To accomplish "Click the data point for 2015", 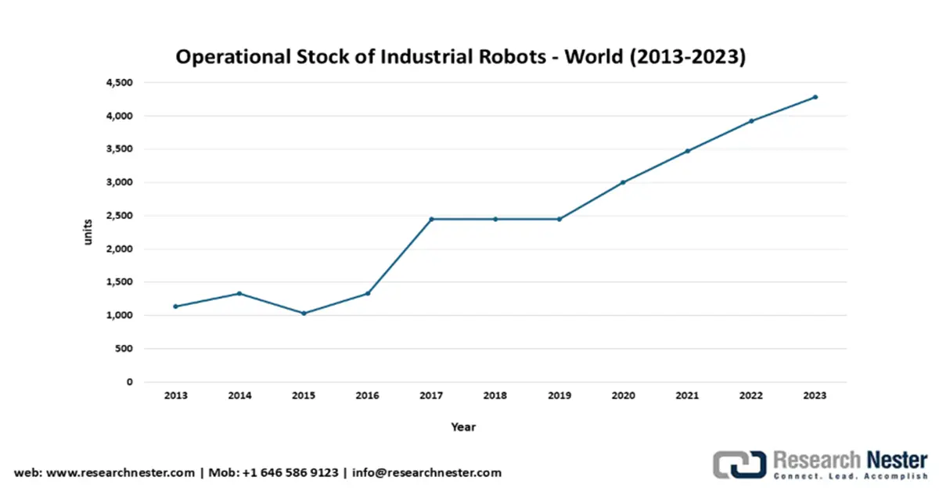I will (304, 313).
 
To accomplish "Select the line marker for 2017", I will (431, 219).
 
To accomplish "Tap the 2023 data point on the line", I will (815, 97).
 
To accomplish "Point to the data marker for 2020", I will (623, 182).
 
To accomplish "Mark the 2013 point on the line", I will (176, 306).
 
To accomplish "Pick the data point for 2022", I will (750, 120).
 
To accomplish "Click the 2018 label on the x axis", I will (495, 396).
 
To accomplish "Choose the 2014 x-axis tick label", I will (239, 396).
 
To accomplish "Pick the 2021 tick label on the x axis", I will (687, 396).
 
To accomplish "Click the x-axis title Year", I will (463, 427).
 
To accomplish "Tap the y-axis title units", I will (88, 232).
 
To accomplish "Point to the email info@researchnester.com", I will (427, 473).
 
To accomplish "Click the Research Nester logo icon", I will (739, 464).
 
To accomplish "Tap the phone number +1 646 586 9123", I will (291, 473).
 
